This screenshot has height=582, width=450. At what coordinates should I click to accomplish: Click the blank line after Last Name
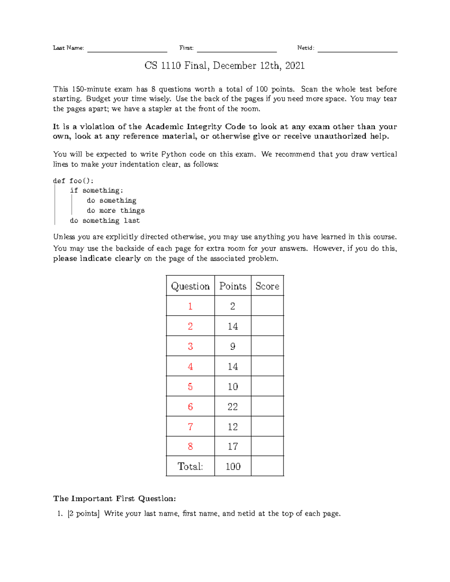tap(127, 49)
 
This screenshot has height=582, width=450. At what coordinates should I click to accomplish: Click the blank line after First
tap(237, 49)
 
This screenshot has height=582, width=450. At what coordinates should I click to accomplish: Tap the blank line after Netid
tap(357, 49)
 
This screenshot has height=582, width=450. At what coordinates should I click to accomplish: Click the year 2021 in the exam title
tap(295, 66)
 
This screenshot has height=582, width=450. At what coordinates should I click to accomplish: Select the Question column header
tap(190, 286)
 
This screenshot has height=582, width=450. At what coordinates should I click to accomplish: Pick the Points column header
tap(232, 286)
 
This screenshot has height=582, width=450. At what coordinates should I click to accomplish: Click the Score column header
tap(267, 286)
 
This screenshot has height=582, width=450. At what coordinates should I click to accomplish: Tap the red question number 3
tap(190, 346)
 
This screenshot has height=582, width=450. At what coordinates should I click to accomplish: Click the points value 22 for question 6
tap(232, 407)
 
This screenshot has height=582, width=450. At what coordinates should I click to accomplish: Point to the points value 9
tap(232, 346)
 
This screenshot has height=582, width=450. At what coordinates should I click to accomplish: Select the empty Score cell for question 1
tap(267, 306)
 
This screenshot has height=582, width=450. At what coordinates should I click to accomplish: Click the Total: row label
tap(190, 466)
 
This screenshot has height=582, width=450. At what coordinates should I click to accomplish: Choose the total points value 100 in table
tap(233, 466)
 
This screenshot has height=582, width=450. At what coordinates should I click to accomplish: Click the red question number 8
tap(190, 446)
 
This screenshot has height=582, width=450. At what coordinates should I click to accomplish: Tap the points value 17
tap(232, 446)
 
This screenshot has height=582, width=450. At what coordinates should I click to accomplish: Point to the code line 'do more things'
tap(115, 211)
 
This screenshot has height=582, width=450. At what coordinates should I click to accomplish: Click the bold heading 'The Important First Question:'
tap(114, 498)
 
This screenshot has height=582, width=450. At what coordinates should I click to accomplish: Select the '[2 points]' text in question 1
tap(83, 513)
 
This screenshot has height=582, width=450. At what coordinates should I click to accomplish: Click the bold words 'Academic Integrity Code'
tap(195, 127)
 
